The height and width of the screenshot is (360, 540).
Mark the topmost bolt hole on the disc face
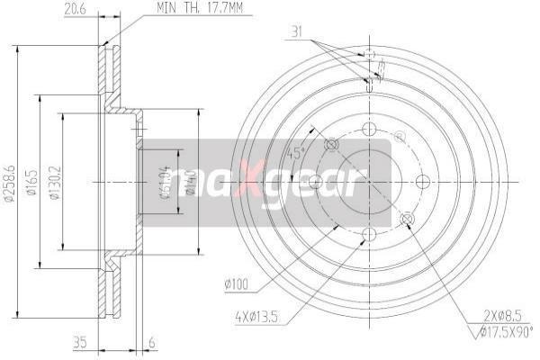(x=370, y=129)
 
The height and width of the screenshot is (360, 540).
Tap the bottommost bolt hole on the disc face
(x=370, y=235)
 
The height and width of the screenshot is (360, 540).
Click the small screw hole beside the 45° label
(x=330, y=144)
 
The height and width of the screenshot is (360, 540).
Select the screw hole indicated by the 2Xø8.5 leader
(x=407, y=219)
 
